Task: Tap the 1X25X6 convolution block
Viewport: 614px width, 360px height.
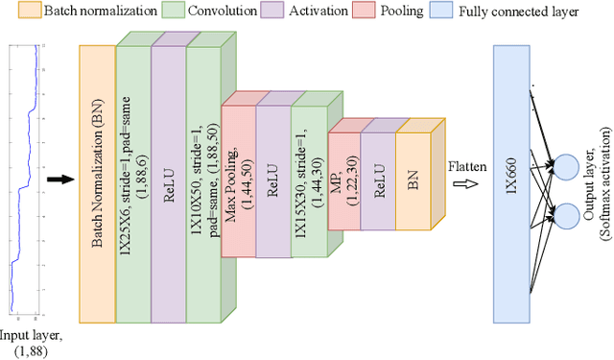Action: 131,182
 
